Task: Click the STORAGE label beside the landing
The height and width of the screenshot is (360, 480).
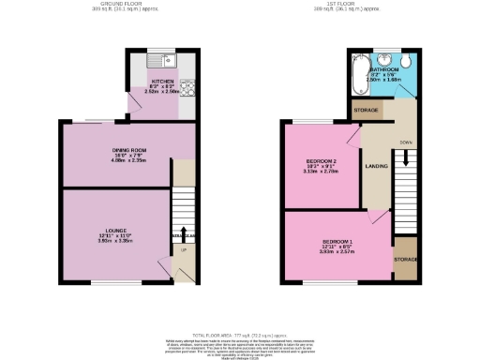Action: coord(367,111)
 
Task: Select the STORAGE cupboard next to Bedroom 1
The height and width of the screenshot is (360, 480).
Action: coord(405,258)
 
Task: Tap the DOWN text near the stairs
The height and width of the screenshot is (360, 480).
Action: coord(405,143)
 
